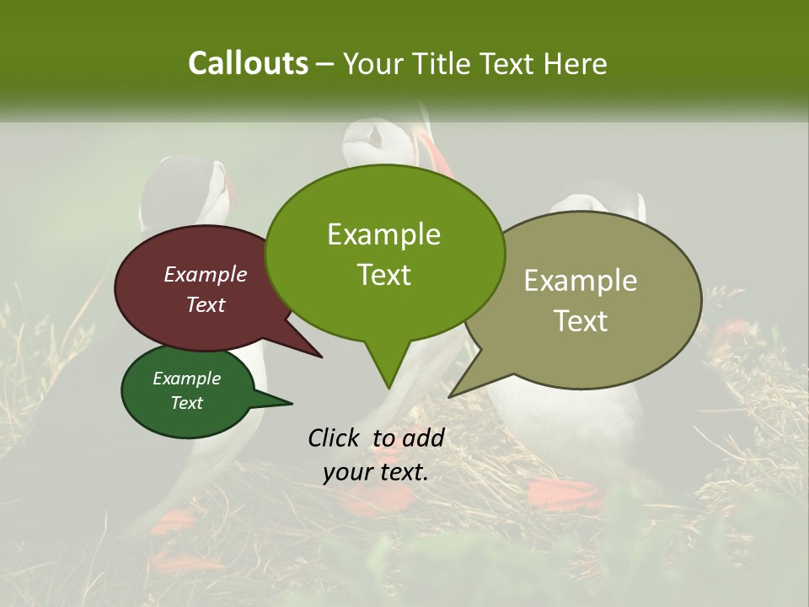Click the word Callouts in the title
(248, 63)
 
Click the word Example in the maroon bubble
(205, 274)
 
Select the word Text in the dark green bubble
(187, 403)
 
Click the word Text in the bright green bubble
(384, 275)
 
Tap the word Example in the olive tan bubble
(581, 281)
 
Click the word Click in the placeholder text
(335, 438)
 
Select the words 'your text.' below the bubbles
(376, 472)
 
